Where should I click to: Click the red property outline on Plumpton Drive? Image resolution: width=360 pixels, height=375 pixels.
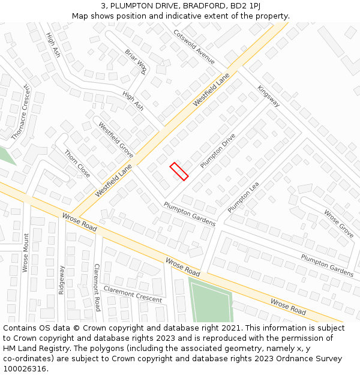(179, 171)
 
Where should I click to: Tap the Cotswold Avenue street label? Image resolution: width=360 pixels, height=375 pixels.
(194, 47)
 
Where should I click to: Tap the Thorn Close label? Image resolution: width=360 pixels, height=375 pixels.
(77, 163)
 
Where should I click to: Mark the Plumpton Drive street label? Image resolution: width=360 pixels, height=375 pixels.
(218, 151)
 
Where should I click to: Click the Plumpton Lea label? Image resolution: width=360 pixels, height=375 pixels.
(243, 197)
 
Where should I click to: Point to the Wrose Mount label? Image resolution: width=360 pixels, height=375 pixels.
(26, 253)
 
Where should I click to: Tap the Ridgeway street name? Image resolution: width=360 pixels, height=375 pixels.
(61, 279)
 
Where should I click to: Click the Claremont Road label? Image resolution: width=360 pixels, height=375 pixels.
(97, 287)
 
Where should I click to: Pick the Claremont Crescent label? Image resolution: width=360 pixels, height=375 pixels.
(133, 294)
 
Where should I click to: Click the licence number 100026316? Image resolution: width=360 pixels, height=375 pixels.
(25, 368)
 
